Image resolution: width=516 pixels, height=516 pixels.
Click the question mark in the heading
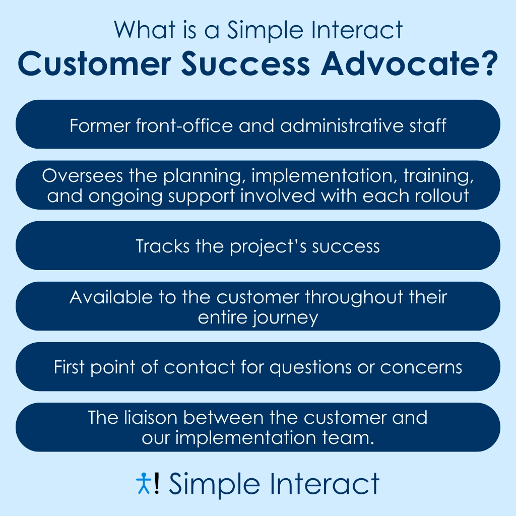coord(488,63)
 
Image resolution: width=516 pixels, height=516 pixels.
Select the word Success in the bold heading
coord(245,63)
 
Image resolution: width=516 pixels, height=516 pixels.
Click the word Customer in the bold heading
coord(94,63)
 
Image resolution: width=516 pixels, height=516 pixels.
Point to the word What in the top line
coord(145,30)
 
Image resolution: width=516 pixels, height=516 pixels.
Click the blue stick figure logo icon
coord(144,483)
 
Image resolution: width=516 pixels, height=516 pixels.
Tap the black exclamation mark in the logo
coord(157,483)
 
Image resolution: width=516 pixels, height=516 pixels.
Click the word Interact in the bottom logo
coord(325,484)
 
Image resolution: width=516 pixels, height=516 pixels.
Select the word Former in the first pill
coord(100,125)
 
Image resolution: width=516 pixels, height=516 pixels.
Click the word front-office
coord(184,125)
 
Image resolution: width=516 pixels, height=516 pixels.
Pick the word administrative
coord(342,125)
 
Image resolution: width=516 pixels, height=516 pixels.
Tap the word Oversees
coord(82,175)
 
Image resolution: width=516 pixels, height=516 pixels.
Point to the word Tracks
coord(163,246)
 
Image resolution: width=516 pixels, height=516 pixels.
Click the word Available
coord(111,297)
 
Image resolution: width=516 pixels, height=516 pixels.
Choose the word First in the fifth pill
coord(69,367)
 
